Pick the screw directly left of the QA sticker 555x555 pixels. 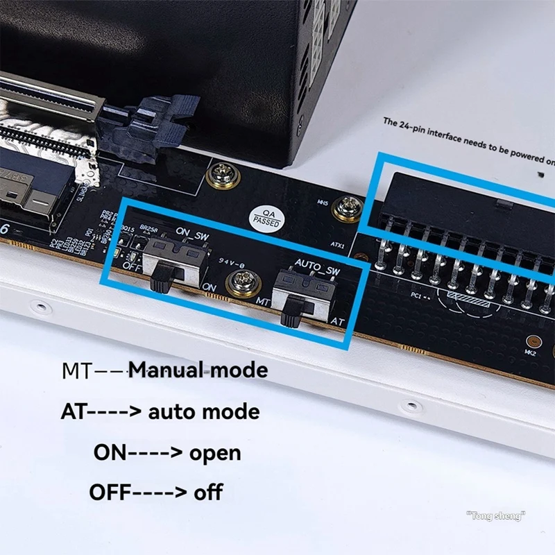pyautogui.click(x=223, y=176)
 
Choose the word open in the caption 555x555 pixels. pyautogui.click(x=215, y=453)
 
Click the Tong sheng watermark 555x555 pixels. pyautogui.click(x=495, y=515)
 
